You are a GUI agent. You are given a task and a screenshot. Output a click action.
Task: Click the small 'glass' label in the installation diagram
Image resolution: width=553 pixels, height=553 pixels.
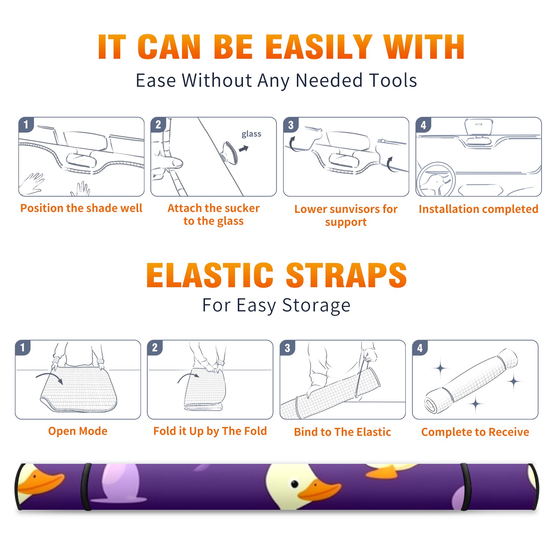[x=251, y=134]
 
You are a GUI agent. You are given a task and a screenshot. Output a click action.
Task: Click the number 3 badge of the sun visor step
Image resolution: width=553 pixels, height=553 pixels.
[x=291, y=125]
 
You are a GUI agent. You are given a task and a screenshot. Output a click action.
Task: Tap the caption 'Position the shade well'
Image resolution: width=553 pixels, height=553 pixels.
[x=81, y=208]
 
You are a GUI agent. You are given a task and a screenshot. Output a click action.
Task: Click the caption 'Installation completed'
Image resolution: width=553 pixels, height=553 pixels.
[x=478, y=209]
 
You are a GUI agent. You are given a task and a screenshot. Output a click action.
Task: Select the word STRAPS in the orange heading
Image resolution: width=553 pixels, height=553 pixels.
[x=346, y=275]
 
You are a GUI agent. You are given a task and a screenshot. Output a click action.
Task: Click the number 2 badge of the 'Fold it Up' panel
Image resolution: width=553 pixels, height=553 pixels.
[x=155, y=347]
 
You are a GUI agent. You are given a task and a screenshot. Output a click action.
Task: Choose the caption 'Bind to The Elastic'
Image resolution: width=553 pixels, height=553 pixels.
[x=342, y=432]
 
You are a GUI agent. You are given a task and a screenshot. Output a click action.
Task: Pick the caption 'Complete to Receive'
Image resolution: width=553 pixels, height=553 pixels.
[x=475, y=432]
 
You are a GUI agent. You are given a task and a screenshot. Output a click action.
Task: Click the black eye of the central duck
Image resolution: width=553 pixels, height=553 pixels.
[x=294, y=484]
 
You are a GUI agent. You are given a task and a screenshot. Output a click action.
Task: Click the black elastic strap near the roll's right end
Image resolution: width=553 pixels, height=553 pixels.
[x=466, y=487]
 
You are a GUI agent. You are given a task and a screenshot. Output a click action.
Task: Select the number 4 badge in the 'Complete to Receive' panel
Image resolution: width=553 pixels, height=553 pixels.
[x=420, y=347]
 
